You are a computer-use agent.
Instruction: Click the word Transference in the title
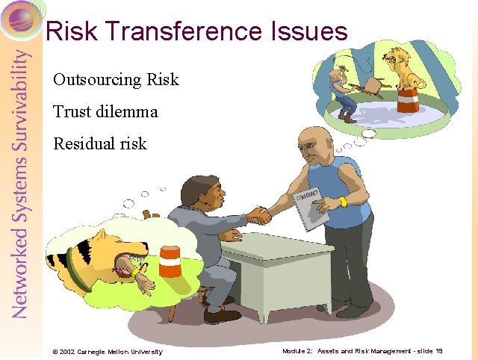[x=181, y=31]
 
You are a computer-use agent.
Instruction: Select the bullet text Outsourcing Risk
[x=116, y=79]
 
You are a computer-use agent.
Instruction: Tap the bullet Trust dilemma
[x=105, y=112]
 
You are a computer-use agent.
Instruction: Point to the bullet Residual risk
[x=100, y=143]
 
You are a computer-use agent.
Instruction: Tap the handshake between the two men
[x=259, y=215]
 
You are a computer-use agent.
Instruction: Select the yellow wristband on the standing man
[x=343, y=202]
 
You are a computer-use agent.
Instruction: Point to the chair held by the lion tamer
[x=365, y=85]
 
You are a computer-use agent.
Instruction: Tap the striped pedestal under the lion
[x=408, y=101]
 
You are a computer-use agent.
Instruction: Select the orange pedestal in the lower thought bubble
[x=170, y=263]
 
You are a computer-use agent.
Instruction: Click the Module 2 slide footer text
[x=362, y=351]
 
